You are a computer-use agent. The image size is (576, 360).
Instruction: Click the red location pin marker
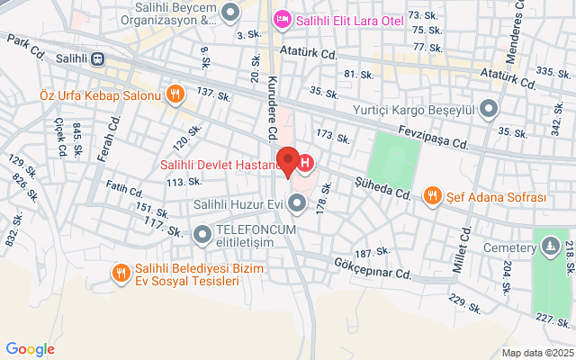click(x=288, y=160)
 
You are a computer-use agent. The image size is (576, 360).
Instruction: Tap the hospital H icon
click(x=306, y=164)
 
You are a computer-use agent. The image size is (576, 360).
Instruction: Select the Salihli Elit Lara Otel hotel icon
click(x=282, y=19)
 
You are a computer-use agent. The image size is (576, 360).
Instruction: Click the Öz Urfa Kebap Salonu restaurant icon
click(x=175, y=92)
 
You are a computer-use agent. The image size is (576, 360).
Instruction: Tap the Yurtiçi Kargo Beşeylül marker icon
click(x=489, y=110)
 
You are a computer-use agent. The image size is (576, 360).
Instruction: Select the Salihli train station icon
click(x=97, y=58)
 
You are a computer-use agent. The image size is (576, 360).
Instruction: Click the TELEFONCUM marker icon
click(x=202, y=234)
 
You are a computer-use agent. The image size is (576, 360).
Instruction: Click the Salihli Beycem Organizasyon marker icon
click(x=231, y=13)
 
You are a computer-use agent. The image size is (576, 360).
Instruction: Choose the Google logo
click(x=30, y=349)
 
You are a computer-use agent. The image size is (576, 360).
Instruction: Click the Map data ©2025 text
click(x=537, y=353)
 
